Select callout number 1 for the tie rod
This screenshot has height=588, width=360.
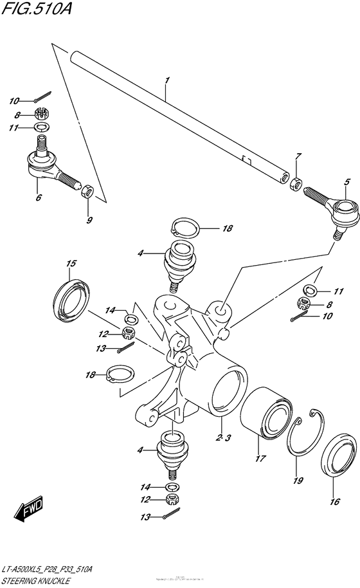[x=166, y=81]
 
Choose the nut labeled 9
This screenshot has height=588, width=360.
[x=88, y=191]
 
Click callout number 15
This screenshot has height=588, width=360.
[x=71, y=264]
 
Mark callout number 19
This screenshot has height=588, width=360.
[x=296, y=479]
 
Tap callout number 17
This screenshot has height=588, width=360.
[x=260, y=459]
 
